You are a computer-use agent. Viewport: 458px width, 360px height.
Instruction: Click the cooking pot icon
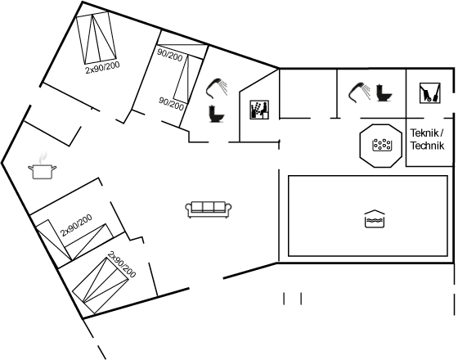coord(42,171)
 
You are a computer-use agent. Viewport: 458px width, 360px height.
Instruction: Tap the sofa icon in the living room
coord(209,209)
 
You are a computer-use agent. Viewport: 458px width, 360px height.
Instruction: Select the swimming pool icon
coord(375,219)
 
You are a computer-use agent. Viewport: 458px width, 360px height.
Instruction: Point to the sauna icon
coord(259,110)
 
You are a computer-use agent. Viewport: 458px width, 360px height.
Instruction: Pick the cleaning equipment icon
coord(430,93)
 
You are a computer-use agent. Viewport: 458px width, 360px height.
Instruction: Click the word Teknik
coord(426,133)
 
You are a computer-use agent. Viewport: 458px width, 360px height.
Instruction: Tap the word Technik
coord(427,146)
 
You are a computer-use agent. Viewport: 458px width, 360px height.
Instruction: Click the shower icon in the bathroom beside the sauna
coord(218,87)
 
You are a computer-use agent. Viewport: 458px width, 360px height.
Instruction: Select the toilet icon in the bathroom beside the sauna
coord(217,114)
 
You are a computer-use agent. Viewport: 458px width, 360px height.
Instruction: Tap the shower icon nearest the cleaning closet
coord(360,92)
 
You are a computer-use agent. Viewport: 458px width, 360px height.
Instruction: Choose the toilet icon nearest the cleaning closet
coord(384,92)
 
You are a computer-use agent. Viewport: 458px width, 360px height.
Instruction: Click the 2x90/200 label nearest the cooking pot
coord(76,225)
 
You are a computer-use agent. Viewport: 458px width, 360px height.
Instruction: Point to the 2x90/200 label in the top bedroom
coord(102,67)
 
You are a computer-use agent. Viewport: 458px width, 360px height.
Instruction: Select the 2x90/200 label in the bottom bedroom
coord(122,265)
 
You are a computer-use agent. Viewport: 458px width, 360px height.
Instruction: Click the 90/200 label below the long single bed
coord(171,104)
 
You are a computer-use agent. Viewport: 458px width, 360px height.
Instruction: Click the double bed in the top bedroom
coord(97,38)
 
